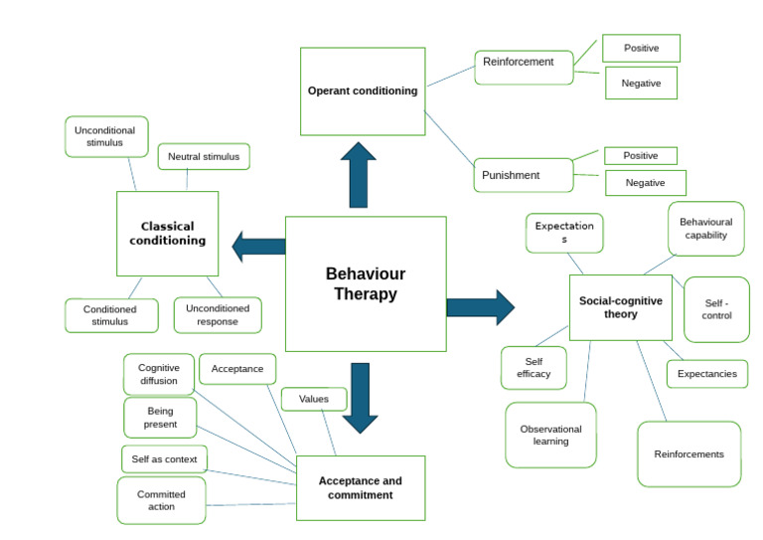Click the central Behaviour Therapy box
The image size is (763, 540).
point(366,283)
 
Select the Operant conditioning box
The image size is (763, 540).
point(363,91)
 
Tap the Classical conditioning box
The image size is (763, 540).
point(167,234)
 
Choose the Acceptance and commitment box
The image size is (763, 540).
point(360,487)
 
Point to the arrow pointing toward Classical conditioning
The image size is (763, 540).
point(258,246)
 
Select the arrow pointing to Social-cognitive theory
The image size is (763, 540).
point(481,306)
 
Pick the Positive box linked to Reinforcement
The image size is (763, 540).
point(641,48)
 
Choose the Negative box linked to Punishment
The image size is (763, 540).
point(645,183)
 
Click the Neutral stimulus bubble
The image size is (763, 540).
point(204,156)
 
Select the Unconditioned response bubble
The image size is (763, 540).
point(218,315)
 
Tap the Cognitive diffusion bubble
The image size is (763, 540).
point(159,374)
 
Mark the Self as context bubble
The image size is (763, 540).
point(164,459)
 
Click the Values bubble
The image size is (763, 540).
point(314,399)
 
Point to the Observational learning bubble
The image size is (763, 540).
point(550,435)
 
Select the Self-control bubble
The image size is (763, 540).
point(716,309)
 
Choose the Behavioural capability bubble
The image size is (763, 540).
point(705,229)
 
